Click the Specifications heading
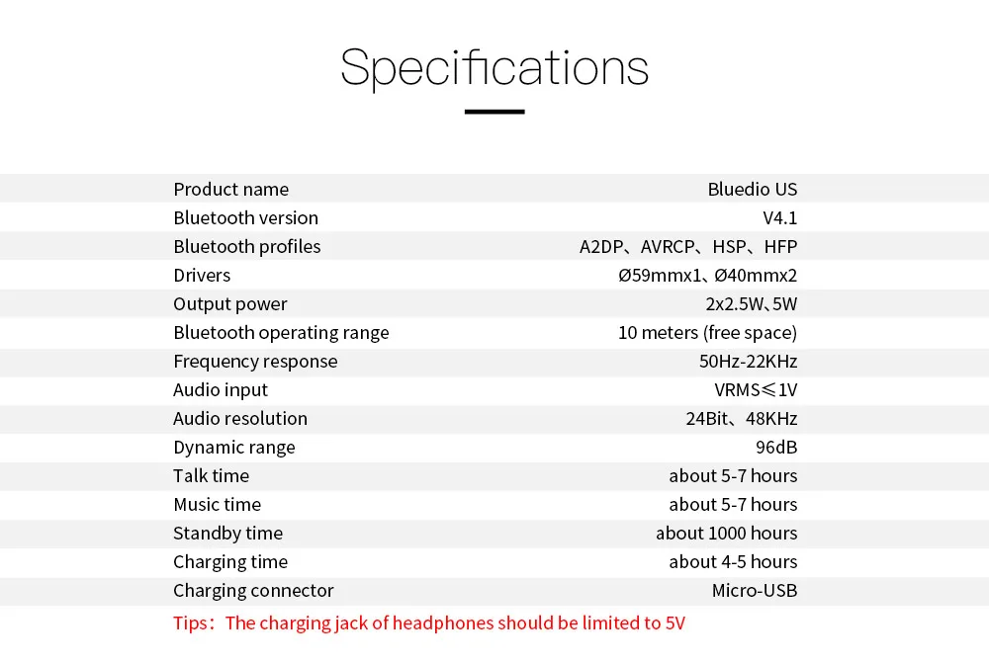[x=494, y=67]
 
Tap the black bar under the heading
[x=494, y=112]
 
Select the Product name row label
[x=231, y=189]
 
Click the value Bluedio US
[x=752, y=189]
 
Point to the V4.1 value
[x=779, y=217]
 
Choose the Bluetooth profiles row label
[x=247, y=246]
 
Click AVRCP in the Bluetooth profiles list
[x=668, y=246]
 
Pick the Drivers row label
[x=202, y=275]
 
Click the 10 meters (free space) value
[x=707, y=332]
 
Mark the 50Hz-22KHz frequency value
[x=748, y=361]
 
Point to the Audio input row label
[x=221, y=389]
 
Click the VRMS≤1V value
[x=756, y=389]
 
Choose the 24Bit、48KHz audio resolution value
[x=741, y=418]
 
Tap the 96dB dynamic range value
[x=776, y=447]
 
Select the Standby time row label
[x=227, y=533]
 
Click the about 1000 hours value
[x=726, y=533]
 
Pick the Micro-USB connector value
[x=754, y=590]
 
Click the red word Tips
[x=191, y=622]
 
